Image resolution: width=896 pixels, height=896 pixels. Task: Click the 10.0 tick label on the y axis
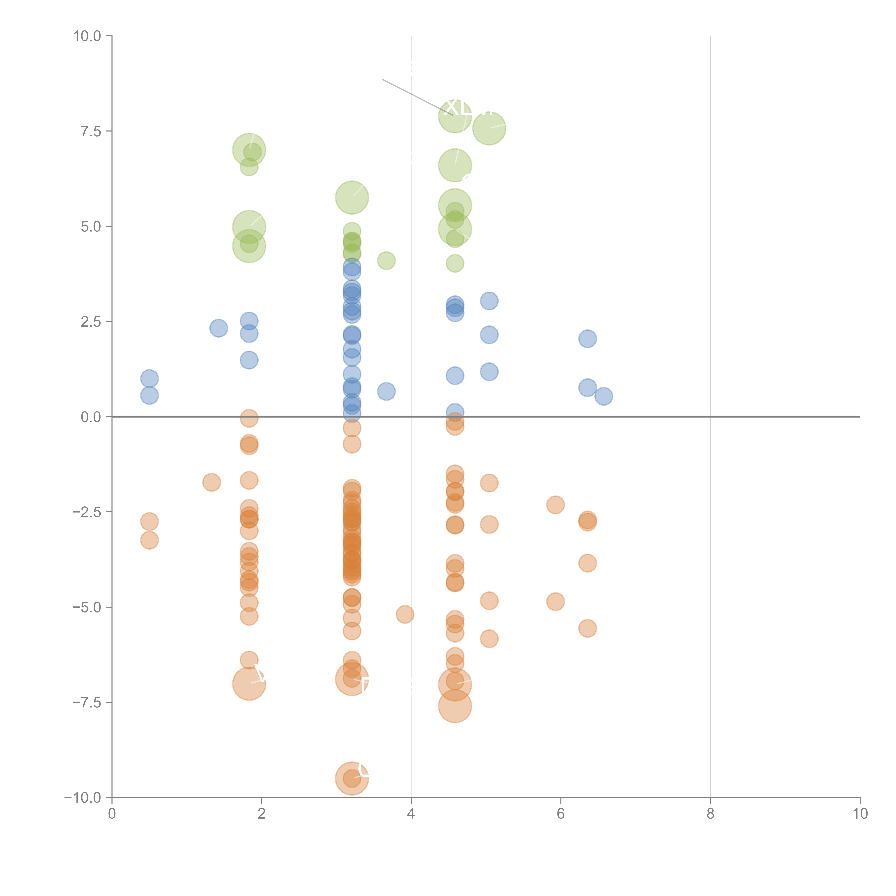[x=87, y=36]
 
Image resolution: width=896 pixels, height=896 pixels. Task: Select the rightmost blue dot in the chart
[x=603, y=396]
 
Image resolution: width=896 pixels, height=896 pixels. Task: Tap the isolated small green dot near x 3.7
[x=386, y=261]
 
